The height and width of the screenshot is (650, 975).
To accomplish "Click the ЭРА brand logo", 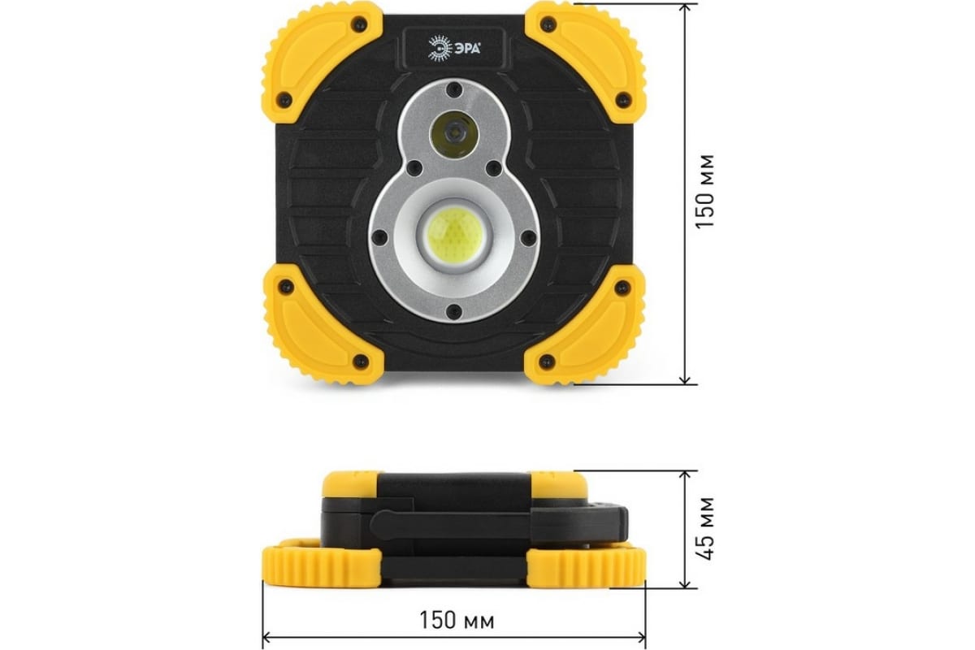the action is [454, 48].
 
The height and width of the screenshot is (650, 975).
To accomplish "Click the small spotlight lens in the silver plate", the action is [454, 135].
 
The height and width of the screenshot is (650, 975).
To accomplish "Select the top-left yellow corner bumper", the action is [322, 61].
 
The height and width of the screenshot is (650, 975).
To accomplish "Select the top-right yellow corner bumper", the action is [586, 61].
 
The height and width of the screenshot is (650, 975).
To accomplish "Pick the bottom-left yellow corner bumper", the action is [322, 325].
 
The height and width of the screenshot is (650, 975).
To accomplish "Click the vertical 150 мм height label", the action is [704, 191].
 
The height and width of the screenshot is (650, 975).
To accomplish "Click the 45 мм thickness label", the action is [704, 528].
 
